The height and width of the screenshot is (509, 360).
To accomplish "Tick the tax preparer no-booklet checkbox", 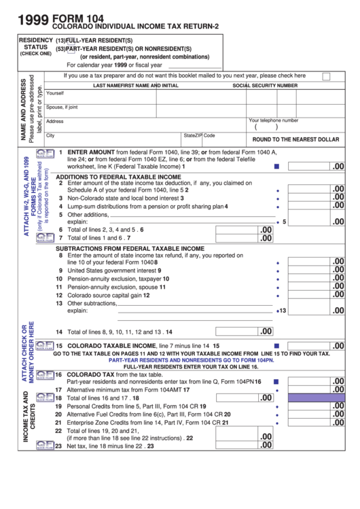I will [326, 77].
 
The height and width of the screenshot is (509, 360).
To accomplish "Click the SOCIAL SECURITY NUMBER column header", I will [265, 86].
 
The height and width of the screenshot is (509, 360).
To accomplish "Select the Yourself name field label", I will [55, 93].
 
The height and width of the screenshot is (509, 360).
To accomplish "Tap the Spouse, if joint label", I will [62, 107].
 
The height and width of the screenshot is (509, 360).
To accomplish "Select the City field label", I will [50, 135].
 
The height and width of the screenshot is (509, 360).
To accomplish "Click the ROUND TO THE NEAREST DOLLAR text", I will [295, 139].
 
